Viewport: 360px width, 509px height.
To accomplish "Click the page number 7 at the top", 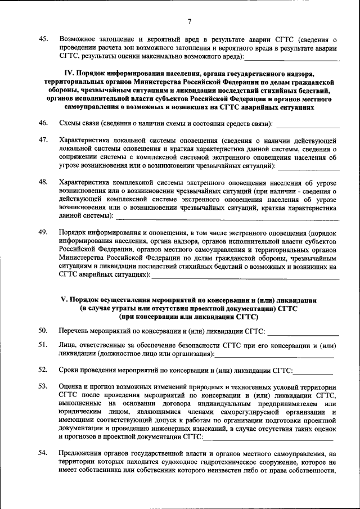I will [x=190, y=22].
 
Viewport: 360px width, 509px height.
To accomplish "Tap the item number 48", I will [x=43, y=182].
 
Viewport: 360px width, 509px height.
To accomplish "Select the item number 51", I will [x=43, y=345].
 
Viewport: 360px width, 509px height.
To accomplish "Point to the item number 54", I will [x=43, y=453].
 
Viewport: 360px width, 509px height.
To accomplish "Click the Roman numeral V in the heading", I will [x=64, y=300].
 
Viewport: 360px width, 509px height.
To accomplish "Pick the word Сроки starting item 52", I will [x=70, y=370].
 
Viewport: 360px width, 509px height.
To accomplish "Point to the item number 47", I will [x=43, y=139].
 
